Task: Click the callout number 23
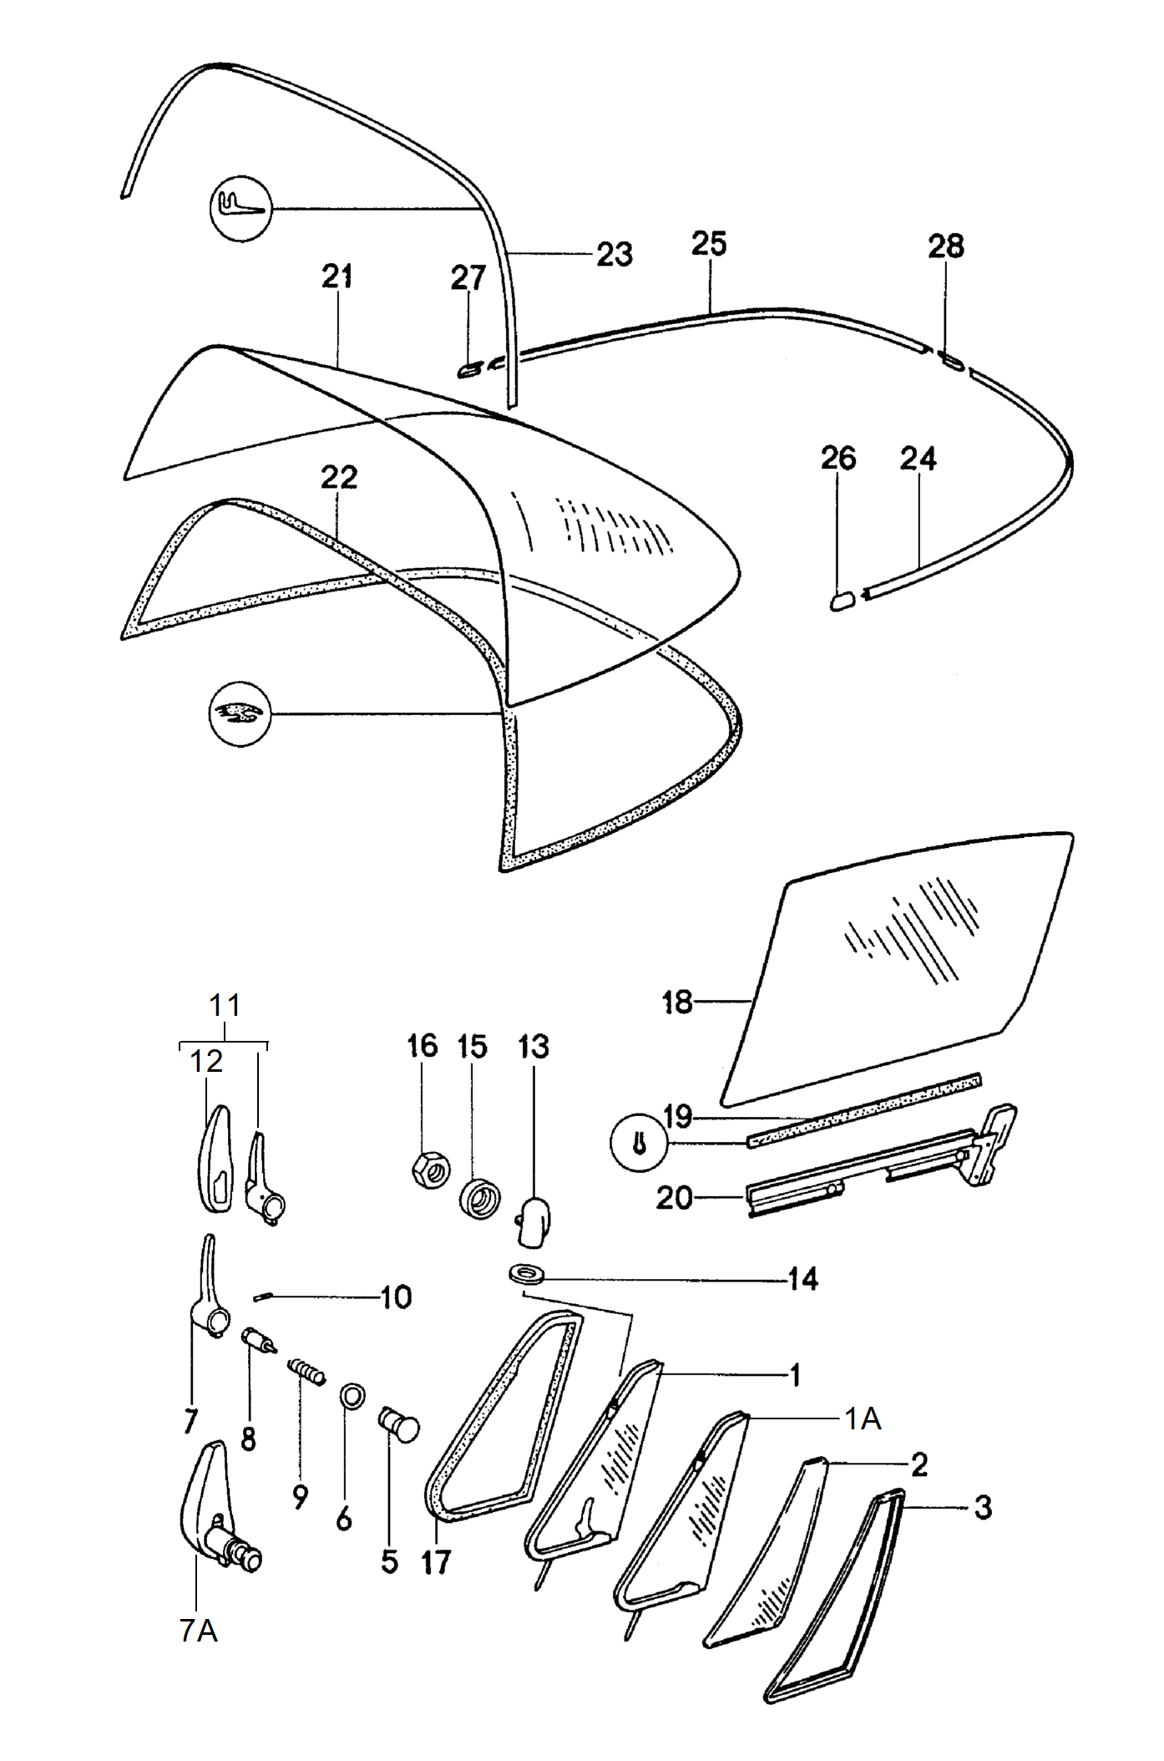(615, 254)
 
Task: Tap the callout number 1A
(863, 1418)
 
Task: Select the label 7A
(199, 1630)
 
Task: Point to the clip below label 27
(469, 368)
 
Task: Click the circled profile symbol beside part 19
(640, 1143)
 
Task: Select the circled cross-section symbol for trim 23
(240, 208)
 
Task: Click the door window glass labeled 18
(897, 969)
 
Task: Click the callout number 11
(225, 1004)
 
